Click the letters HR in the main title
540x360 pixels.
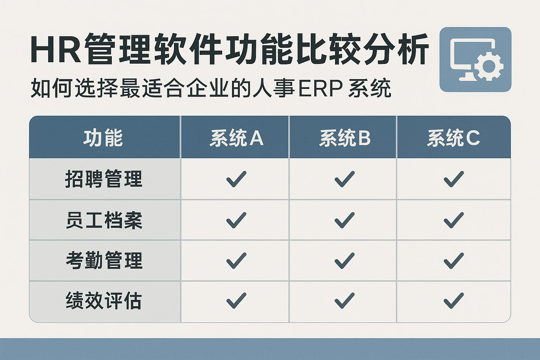point(56,50)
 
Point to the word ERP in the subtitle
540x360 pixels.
point(321,88)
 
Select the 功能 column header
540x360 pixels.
point(103,138)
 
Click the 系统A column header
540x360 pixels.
point(236,138)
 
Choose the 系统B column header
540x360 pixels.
point(345,138)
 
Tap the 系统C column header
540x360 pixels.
point(454,138)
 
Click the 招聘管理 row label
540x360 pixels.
point(104,179)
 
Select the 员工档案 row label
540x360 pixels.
point(104,220)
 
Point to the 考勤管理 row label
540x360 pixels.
point(104,261)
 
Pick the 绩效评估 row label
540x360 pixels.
point(103,301)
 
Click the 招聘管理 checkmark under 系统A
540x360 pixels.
point(236,179)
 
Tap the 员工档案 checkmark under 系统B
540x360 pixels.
point(345,220)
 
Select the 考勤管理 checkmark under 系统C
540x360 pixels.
point(454,261)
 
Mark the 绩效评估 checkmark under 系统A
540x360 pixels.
point(236,301)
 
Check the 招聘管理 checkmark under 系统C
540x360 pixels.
point(454,179)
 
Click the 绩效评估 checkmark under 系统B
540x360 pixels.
point(345,301)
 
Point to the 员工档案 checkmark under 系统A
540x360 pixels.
point(236,220)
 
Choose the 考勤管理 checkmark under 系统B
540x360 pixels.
point(345,261)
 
